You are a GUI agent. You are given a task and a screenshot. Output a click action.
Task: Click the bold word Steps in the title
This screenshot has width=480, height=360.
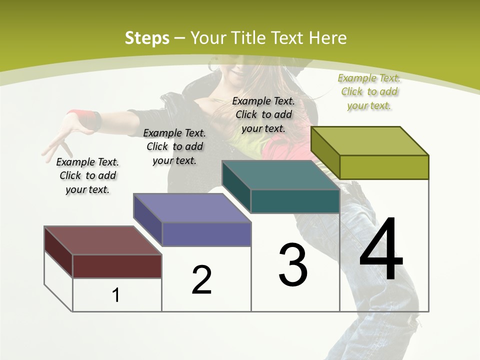[147, 38]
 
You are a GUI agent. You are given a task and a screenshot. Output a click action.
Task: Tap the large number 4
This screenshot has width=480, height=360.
[381, 248]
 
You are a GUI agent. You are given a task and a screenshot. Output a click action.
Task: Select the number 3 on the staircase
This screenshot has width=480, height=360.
[293, 265]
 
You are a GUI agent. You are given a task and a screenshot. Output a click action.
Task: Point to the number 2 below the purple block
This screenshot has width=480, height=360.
[201, 279]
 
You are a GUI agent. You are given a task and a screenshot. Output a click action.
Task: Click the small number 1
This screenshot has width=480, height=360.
[116, 295]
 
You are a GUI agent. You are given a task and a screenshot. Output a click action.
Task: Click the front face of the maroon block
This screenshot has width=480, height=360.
[117, 266]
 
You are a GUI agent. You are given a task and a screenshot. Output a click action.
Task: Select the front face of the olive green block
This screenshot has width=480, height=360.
[384, 167]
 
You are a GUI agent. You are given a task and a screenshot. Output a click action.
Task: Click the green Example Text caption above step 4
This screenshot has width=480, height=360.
[369, 91]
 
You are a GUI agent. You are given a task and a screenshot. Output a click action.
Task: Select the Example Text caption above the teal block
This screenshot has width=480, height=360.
[263, 114]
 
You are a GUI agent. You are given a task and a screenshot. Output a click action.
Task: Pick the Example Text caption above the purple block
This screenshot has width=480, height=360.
[174, 146]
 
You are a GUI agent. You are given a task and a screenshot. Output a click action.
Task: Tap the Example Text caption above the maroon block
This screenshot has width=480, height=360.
[87, 175]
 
